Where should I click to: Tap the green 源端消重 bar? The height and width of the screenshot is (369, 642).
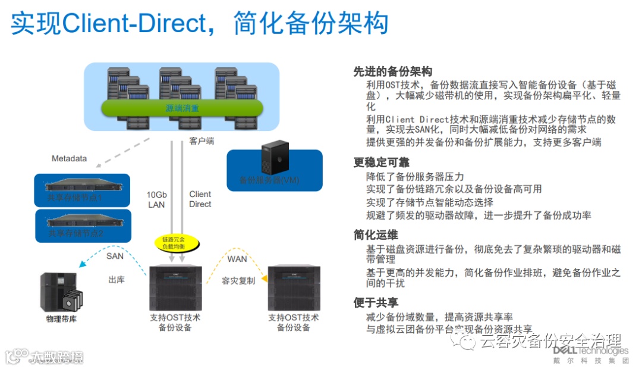182,108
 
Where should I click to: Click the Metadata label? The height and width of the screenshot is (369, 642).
69,158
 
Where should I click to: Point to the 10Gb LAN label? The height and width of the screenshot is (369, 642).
156,199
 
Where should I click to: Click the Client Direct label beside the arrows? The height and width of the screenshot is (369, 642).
200,199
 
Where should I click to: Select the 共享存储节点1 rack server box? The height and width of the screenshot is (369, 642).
82,190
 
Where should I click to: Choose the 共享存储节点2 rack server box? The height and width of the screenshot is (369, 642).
82,225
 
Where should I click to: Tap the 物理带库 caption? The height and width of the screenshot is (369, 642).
61,319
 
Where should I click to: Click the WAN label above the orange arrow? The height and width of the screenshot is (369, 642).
237,259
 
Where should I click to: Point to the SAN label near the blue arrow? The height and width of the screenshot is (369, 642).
115,257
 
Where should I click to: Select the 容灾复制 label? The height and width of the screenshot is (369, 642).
238,280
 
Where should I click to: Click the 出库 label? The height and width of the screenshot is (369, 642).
117,279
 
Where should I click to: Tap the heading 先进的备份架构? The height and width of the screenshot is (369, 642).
392,72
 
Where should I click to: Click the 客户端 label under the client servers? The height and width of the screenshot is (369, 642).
202,141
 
